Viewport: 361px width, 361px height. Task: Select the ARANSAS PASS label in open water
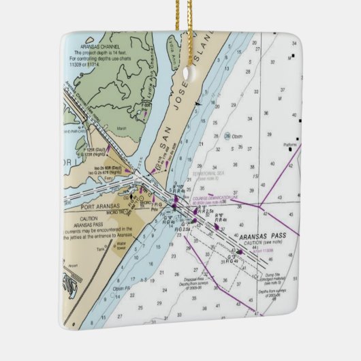(x=268, y=237)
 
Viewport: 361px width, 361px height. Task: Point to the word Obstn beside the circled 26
(x=237, y=136)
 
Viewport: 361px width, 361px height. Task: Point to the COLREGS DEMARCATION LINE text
(x=217, y=198)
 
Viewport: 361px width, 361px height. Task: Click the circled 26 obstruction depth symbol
(x=228, y=136)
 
